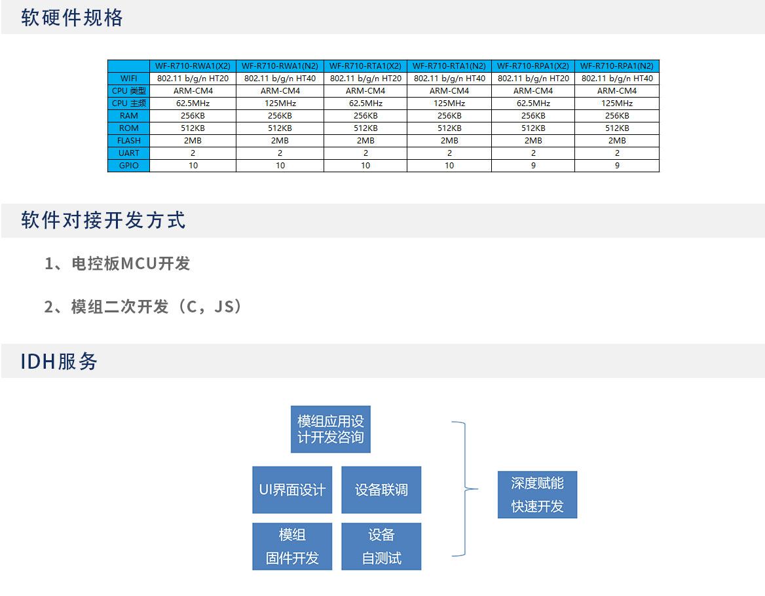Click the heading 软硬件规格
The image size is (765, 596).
coord(72,18)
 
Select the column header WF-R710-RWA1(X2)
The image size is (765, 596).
coord(193,66)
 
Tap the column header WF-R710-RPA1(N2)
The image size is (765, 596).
coord(617,66)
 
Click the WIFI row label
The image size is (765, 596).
coord(129,79)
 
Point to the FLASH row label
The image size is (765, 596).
coord(129,140)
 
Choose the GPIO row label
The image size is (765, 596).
coord(129,165)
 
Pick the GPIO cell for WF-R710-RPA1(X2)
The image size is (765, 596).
coord(533,165)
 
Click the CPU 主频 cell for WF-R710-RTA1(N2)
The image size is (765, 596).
coord(449,103)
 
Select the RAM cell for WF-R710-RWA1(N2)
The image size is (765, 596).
coord(280,115)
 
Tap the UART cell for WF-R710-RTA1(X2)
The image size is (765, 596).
coord(365,153)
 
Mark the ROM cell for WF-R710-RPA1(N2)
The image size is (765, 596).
coord(617,128)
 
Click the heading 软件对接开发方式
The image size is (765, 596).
coord(103,220)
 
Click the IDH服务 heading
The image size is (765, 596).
coord(59,362)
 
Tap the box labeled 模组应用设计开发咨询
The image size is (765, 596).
coord(331,429)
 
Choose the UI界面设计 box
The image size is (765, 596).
coord(292,490)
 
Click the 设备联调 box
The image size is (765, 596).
coord(381,490)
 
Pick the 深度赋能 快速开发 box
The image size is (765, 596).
coord(537,494)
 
